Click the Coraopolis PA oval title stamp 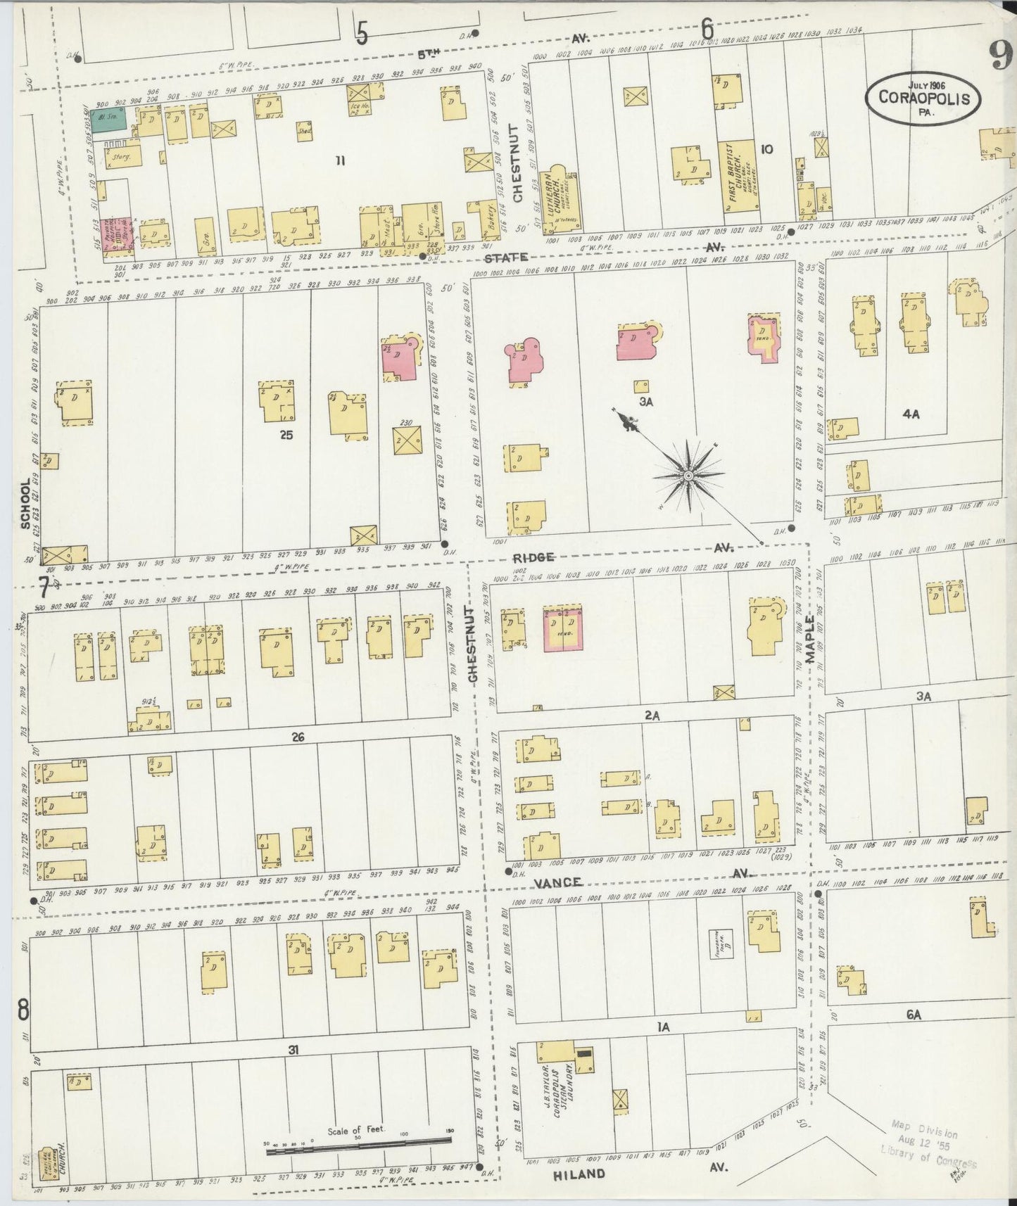coord(923,99)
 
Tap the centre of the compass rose coord(688,476)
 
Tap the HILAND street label coord(579,1174)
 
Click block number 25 coord(285,435)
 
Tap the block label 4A coord(911,414)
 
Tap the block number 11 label coord(340,161)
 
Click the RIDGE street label coord(535,557)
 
